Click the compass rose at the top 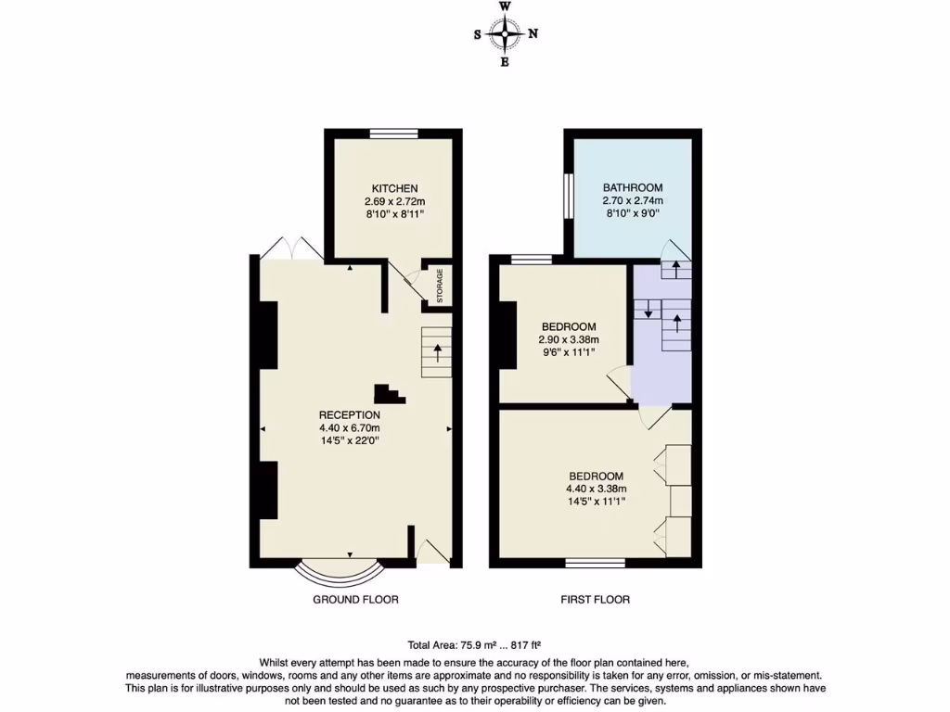click(506, 35)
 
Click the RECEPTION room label click(350, 414)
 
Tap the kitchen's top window click(392, 133)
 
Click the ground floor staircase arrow click(436, 353)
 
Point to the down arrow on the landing click(648, 310)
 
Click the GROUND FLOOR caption click(356, 600)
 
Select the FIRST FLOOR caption click(596, 600)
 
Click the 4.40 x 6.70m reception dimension click(350, 428)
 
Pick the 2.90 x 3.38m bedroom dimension click(569, 340)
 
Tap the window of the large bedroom click(596, 563)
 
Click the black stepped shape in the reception click(390, 394)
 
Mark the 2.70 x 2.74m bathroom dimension click(633, 200)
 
